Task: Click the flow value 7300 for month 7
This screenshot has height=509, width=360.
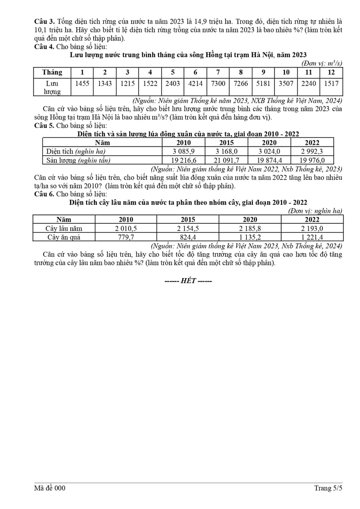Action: (x=218, y=84)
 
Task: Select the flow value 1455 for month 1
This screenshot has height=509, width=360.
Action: (x=82, y=84)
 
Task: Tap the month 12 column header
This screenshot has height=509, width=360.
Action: (x=331, y=72)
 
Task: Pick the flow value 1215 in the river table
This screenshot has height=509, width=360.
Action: (x=127, y=84)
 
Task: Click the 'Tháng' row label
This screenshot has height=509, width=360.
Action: (x=52, y=72)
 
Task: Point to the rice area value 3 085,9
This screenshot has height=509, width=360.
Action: (x=184, y=151)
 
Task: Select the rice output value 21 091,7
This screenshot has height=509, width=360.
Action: (x=226, y=160)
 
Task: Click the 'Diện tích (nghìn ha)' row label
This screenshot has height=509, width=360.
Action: (x=76, y=151)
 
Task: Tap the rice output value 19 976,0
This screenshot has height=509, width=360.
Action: (x=312, y=160)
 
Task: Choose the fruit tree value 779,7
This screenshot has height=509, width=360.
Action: (x=126, y=237)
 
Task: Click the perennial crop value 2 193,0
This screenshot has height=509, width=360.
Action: (x=312, y=228)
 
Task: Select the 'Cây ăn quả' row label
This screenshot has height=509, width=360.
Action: (x=64, y=237)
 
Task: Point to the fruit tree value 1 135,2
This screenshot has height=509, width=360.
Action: (x=250, y=237)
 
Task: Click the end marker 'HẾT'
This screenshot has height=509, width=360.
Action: (x=188, y=281)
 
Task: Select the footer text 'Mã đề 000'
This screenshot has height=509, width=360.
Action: (x=50, y=488)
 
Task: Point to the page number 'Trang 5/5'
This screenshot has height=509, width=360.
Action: (x=328, y=488)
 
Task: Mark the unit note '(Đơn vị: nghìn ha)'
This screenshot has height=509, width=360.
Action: (x=315, y=211)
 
